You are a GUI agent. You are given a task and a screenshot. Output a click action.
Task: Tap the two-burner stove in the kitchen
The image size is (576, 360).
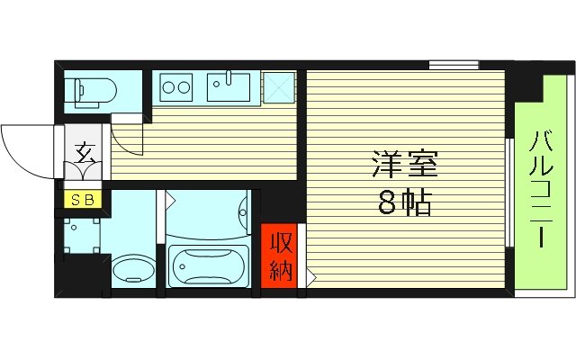[176, 88]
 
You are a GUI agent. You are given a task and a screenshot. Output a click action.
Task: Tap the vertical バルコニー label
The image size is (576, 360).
[542, 192]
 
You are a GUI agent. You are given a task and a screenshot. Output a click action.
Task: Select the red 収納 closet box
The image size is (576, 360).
[281, 256]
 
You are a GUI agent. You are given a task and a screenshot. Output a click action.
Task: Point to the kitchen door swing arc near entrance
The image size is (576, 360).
[126, 139]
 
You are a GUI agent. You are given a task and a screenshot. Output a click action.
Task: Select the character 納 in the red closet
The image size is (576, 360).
[281, 270]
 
